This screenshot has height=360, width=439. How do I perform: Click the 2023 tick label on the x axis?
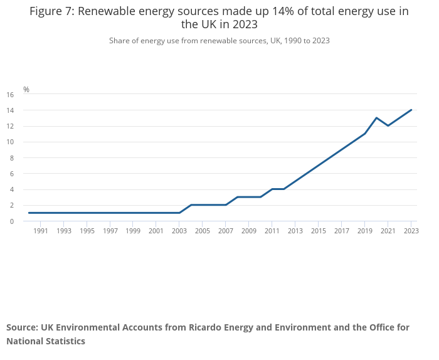point(411,231)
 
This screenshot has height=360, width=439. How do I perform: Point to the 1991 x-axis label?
point(41,231)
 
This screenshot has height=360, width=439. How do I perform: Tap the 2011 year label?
point(272,231)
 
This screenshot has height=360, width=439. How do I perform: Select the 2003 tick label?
point(179,231)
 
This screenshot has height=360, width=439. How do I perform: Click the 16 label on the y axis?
point(10,95)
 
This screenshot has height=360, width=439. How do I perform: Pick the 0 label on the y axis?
point(12,221)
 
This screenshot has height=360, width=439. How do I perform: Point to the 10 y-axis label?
point(10,142)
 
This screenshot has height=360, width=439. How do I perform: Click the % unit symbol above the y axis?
point(26,90)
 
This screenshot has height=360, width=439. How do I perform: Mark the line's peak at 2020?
point(376,118)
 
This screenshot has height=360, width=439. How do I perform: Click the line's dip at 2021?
point(388,125)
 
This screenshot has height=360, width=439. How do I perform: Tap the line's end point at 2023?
point(411,110)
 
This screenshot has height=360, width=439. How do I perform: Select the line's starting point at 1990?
point(29,213)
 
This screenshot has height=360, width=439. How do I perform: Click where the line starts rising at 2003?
point(179,213)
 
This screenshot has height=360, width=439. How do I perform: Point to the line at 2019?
point(364,134)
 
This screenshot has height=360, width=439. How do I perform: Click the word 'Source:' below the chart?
point(23,327)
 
